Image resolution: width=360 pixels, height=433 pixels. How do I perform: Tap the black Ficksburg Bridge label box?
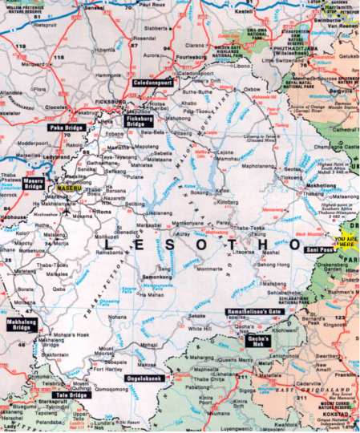click(x=144, y=122)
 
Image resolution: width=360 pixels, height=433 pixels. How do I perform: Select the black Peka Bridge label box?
click(x=67, y=127)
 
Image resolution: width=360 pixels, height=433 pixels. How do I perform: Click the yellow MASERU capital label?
click(x=69, y=187)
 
